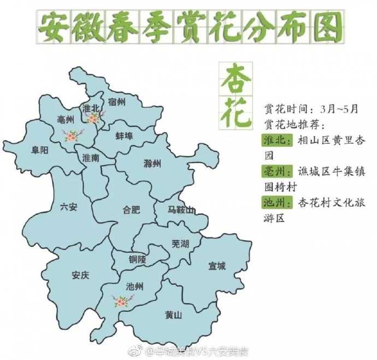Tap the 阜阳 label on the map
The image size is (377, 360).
[40, 149]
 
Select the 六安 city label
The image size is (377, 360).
[68, 206]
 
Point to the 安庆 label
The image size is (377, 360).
[80, 275]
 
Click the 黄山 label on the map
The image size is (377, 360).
[173, 315]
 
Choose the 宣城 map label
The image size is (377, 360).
[216, 266]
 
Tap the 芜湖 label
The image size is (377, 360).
[180, 244]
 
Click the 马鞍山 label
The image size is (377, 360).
[180, 210]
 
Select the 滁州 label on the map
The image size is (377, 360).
[152, 163]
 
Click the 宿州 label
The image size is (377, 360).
[116, 102]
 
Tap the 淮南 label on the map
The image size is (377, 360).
[91, 158]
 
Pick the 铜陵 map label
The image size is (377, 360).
[138, 259]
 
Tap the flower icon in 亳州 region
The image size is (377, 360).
[73, 134]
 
